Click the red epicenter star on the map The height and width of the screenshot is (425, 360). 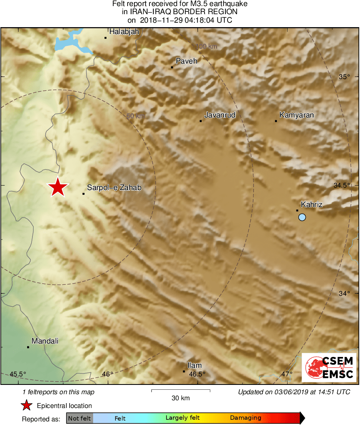[x=58, y=187]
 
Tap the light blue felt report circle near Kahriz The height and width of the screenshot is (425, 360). [x=302, y=218]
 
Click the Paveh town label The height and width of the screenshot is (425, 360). [x=186, y=61]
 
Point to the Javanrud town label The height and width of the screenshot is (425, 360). [x=219, y=115]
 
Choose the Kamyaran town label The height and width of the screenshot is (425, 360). [x=296, y=115]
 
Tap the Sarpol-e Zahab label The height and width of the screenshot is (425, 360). [x=114, y=188]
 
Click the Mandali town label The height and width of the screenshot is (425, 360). [x=45, y=341]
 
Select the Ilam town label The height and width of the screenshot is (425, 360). [x=194, y=365]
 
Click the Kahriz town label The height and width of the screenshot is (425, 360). [x=311, y=205]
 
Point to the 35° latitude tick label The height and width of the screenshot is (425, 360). [x=344, y=77]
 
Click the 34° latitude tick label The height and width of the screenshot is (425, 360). [x=344, y=293]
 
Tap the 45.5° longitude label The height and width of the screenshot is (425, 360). [x=18, y=374]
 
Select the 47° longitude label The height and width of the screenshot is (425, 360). [x=287, y=374]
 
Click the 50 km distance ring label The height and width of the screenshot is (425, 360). [x=135, y=116]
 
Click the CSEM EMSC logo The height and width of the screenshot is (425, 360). [x=329, y=367]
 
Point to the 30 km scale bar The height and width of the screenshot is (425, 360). [x=181, y=391]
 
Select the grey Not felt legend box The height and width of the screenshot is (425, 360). [x=79, y=418]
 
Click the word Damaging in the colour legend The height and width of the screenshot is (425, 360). [x=245, y=418]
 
